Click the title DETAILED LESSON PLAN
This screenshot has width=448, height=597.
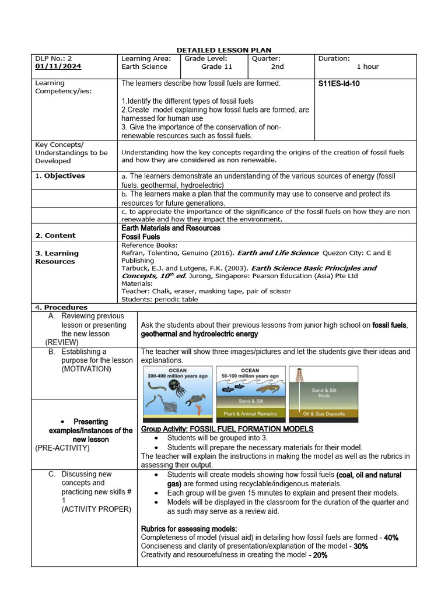[225, 50]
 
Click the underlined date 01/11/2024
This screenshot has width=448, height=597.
[58, 66]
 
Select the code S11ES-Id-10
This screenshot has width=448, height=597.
[339, 84]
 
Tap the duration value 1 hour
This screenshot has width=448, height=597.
[367, 66]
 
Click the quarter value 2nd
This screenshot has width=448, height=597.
[277, 66]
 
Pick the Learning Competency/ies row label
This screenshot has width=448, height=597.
[58, 87]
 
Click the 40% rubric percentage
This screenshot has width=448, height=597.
[391, 538]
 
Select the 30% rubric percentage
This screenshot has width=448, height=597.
[360, 546]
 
